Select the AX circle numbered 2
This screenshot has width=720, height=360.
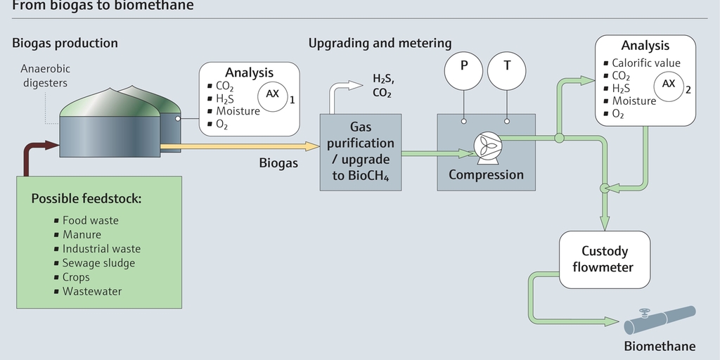[x=669, y=84]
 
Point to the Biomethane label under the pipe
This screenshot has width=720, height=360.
[x=659, y=346]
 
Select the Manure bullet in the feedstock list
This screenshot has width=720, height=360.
[x=82, y=235]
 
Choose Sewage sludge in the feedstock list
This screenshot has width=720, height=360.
[x=98, y=263]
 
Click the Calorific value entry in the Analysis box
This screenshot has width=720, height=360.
[x=645, y=63]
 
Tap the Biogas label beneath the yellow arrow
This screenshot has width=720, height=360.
[x=278, y=163]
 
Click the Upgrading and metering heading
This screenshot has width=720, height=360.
[x=380, y=44]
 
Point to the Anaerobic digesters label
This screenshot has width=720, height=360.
[x=46, y=76]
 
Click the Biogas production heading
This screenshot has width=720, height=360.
[x=65, y=44]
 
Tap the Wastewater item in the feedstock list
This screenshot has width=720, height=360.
[x=91, y=291]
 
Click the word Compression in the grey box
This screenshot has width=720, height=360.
[x=486, y=175]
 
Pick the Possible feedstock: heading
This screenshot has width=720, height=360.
[x=86, y=199]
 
